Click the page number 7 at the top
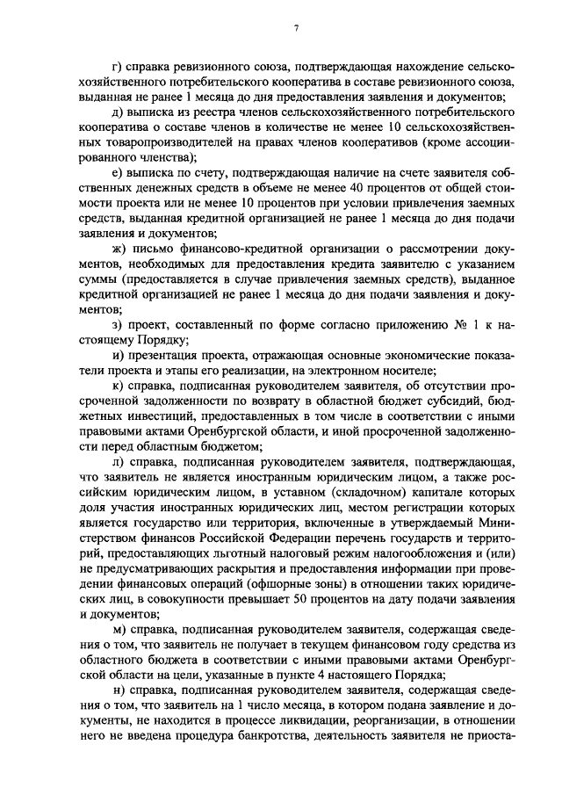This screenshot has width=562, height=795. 296,28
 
